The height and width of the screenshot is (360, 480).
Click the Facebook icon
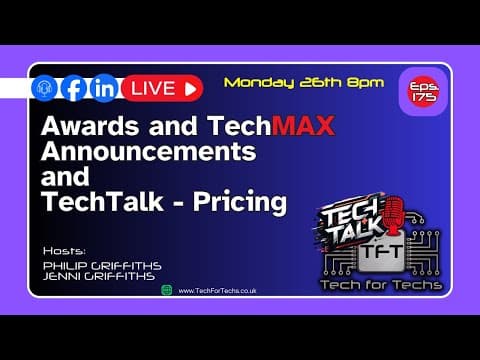pos(73,88)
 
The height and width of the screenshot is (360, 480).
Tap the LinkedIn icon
pos(103,88)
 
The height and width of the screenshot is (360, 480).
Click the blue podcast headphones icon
pos(44,88)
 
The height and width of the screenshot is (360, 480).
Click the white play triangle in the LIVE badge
pos(191,88)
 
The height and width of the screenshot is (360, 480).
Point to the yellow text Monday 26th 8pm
pos(303,82)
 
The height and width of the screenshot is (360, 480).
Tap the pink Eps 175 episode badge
pos(417,89)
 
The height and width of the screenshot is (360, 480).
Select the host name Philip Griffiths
pos(102,265)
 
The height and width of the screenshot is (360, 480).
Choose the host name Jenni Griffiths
pos(100,277)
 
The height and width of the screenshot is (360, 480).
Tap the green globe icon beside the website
pos(166,290)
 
